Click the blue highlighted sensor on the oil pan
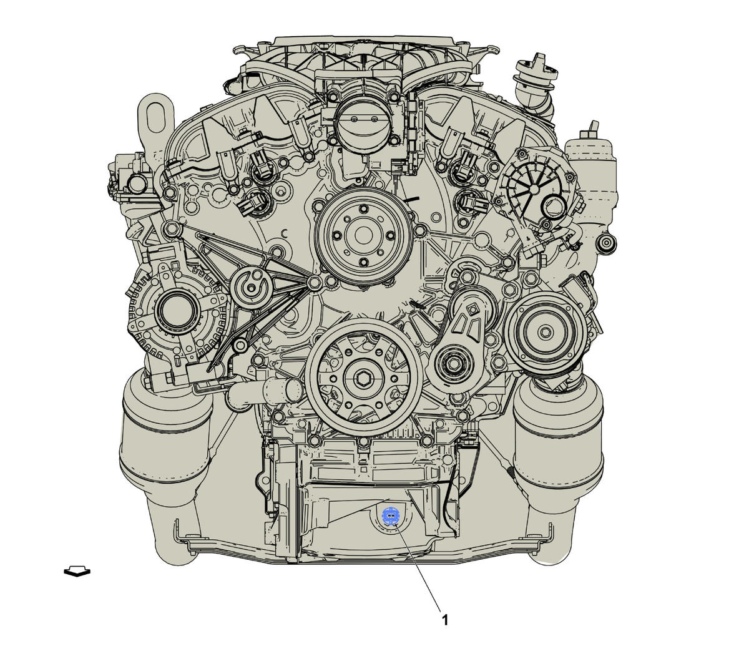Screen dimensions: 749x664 tap(391, 515)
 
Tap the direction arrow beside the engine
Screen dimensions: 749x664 tap(77, 571)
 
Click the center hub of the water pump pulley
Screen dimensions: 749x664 tap(364, 235)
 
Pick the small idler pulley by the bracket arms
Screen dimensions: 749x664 tap(252, 287)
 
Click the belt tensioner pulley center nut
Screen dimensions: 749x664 tap(454, 364)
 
